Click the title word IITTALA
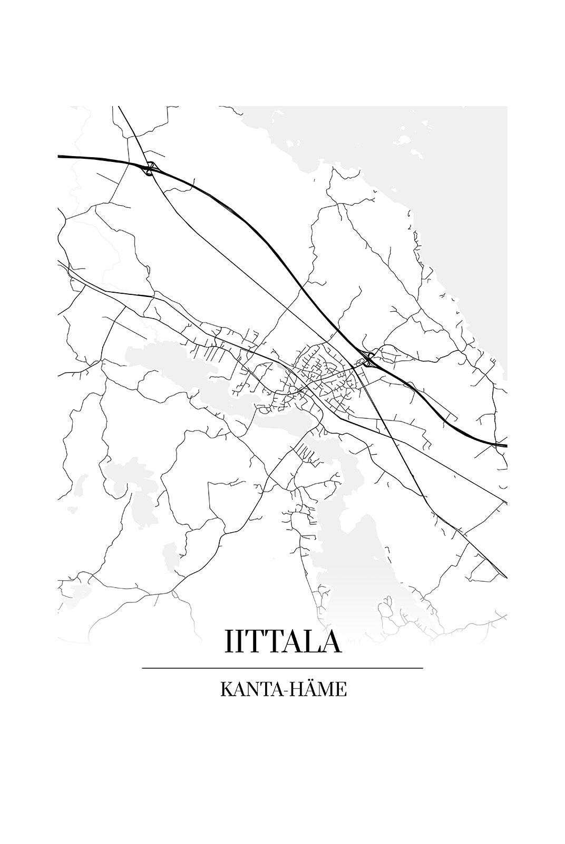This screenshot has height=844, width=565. point(283,641)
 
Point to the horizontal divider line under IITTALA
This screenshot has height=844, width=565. point(282,668)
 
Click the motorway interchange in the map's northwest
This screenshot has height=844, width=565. point(150,168)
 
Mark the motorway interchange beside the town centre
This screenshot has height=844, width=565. point(368,359)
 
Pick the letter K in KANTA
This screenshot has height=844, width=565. point(226,689)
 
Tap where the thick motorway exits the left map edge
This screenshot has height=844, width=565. point(59,156)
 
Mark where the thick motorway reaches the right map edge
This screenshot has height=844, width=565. point(505,445)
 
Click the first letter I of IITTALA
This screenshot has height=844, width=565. point(228,641)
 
